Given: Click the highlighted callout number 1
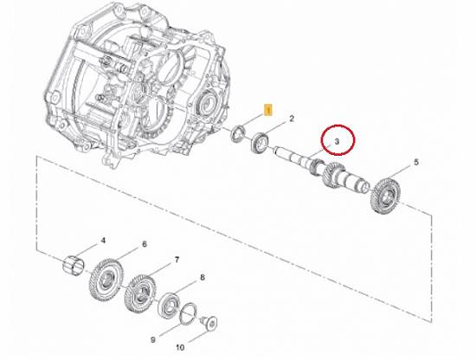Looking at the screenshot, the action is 268,110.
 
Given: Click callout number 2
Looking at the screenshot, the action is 292,119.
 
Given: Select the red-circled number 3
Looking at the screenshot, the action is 337,141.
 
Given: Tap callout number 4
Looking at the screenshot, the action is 103,241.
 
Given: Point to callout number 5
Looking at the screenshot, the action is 416,162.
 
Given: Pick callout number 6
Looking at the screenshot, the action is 145,244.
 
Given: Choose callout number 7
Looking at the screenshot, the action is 177,260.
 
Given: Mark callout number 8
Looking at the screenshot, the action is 203,277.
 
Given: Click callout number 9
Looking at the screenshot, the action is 153,339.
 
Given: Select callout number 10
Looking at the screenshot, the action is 180,347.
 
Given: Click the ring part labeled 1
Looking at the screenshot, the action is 238,132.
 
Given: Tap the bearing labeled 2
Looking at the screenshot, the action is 260,142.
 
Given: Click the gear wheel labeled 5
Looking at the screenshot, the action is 384,196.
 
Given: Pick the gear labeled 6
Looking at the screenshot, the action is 106,280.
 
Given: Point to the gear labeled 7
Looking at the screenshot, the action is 140,293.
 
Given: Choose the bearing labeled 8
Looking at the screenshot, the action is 169,305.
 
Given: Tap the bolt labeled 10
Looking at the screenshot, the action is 209,323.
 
